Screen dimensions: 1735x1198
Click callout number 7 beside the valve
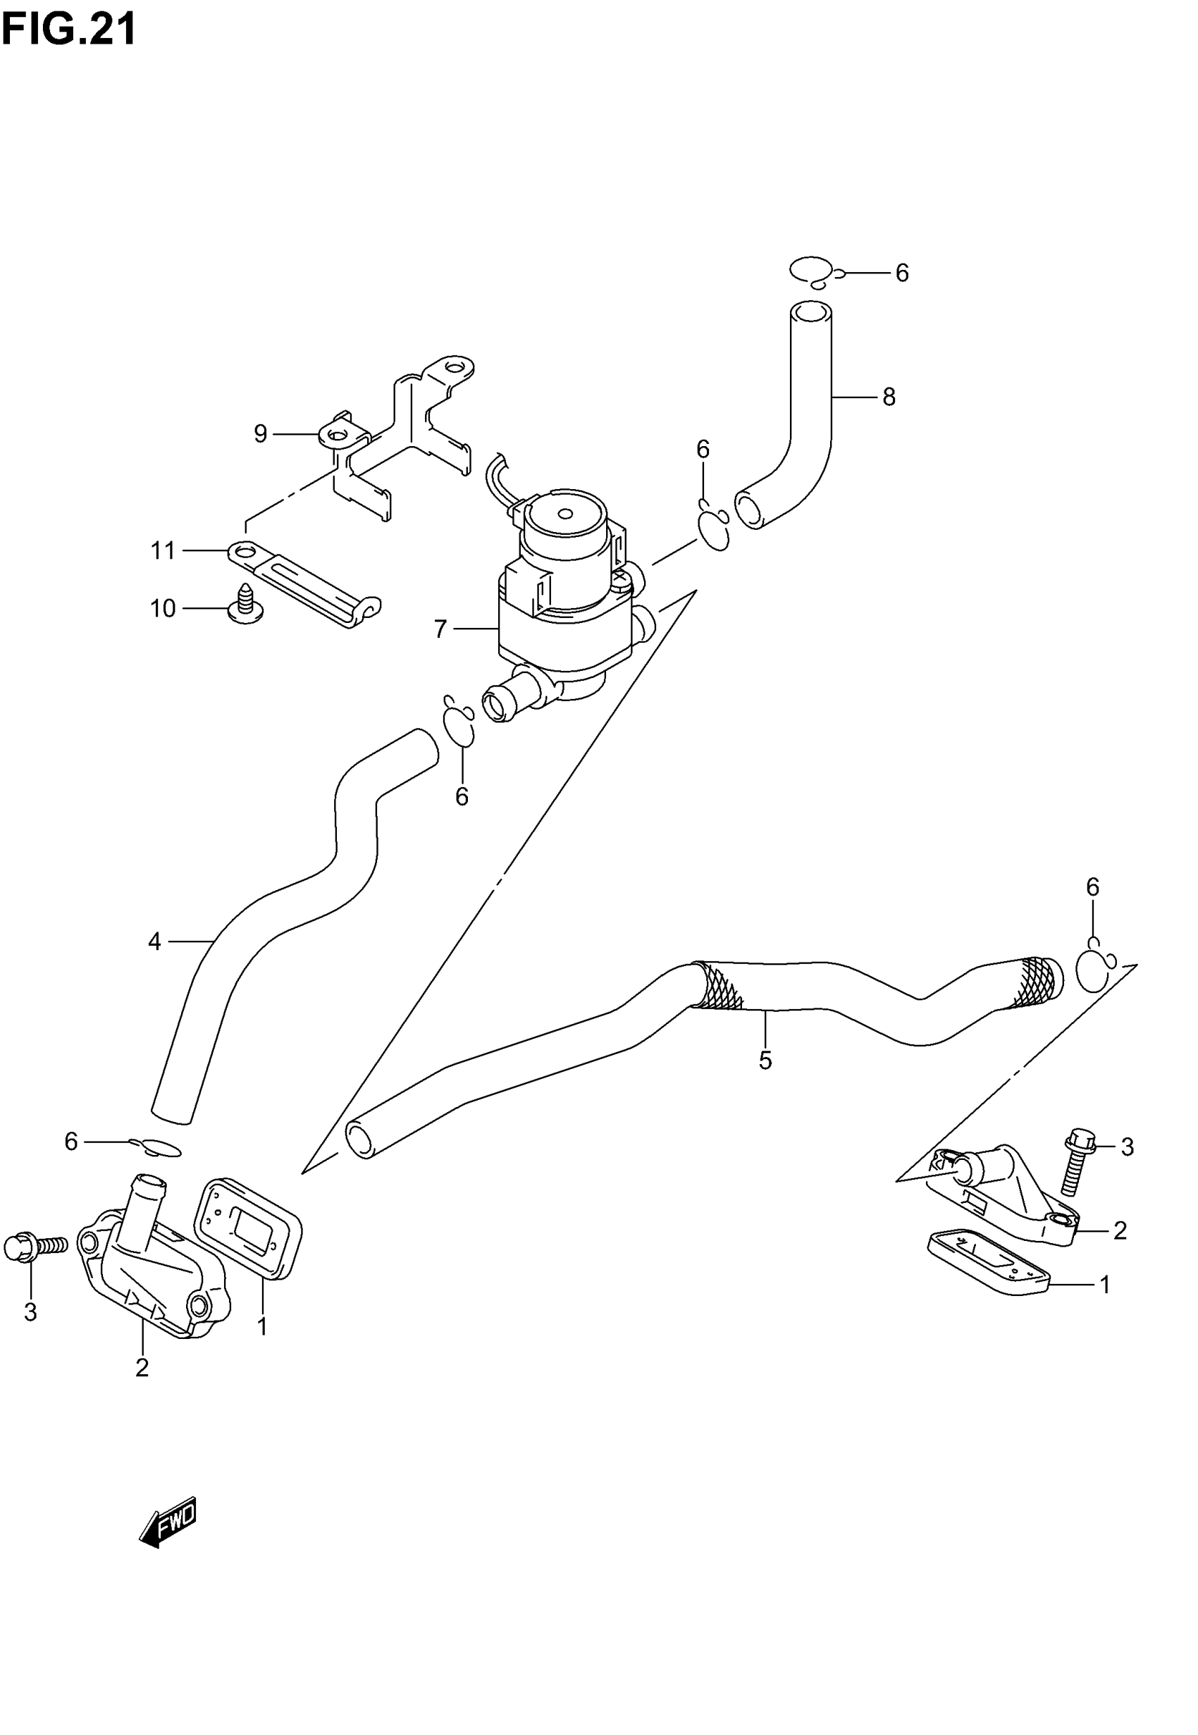[440, 629]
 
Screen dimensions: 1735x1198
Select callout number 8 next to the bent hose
[889, 397]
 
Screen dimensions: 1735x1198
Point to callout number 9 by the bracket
[261, 434]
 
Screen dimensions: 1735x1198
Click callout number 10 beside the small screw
[163, 609]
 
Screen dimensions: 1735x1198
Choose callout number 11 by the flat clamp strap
[163, 551]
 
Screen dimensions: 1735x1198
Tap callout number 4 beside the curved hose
[154, 941]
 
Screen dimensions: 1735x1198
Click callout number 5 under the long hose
[765, 1061]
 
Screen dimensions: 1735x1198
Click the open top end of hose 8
[811, 313]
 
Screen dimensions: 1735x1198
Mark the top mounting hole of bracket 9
[452, 368]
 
